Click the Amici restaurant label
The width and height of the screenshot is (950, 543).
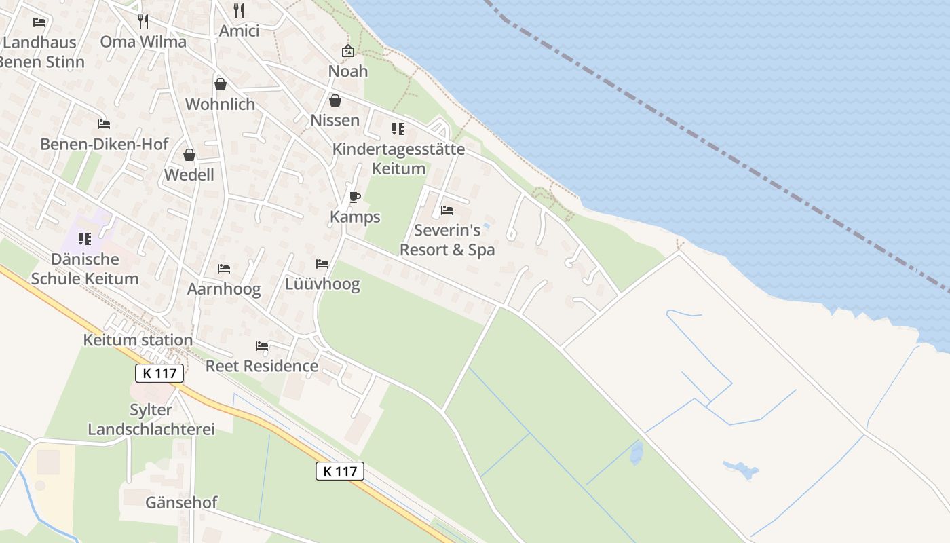[239, 31]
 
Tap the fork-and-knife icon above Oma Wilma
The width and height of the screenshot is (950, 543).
[142, 21]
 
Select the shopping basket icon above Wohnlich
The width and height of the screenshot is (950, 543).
[220, 84]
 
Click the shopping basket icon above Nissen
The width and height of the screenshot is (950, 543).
[335, 100]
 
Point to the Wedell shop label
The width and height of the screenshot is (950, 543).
[189, 174]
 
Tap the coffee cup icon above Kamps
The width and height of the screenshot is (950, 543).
[354, 198]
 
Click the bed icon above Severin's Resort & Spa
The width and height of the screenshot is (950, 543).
[446, 210]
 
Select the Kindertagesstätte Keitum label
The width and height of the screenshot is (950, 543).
[398, 159]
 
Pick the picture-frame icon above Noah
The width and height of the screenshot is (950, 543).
[348, 51]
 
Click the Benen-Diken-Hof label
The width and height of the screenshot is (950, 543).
[104, 144]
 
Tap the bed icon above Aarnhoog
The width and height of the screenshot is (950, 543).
[224, 269]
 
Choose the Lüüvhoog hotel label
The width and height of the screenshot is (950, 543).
[322, 284]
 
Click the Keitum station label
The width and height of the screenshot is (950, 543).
[138, 339]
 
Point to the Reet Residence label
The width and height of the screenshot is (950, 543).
[262, 366]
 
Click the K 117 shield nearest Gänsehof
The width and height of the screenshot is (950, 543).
[340, 471]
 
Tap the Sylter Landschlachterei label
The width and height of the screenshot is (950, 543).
[151, 419]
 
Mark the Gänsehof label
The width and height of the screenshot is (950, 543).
[181, 502]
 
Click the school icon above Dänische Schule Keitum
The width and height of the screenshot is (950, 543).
[85, 238]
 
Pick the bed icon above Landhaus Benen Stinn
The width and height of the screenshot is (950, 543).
[39, 22]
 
